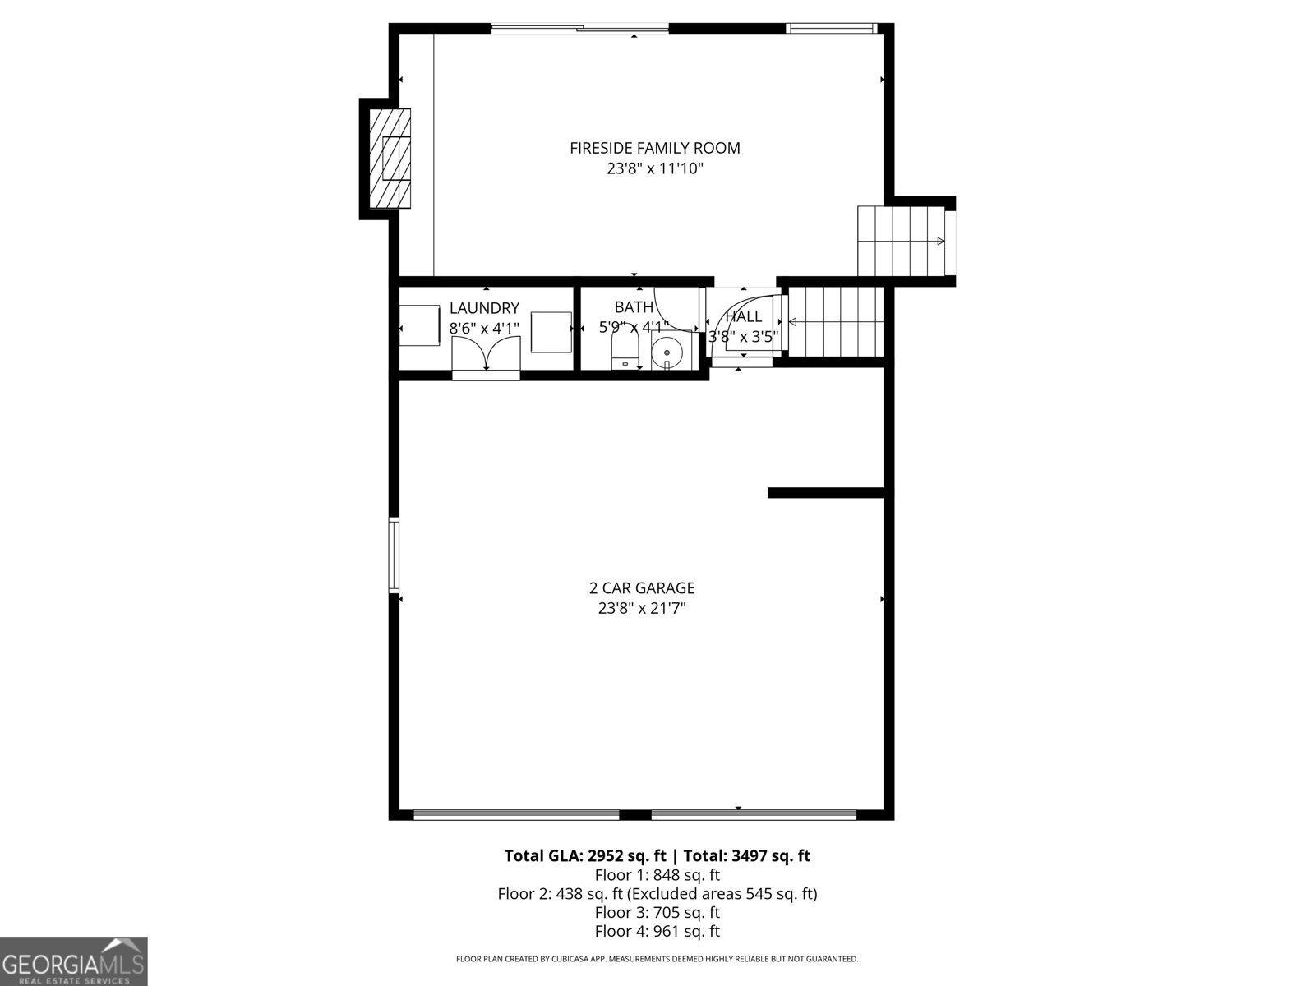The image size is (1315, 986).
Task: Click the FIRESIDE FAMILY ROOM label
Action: coord(655,148)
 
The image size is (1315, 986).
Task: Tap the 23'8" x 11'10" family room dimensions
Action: coord(655,169)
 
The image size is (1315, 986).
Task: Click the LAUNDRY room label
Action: coord(484,308)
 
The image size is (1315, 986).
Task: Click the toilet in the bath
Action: coord(625,353)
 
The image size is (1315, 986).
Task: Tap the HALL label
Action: coord(743,316)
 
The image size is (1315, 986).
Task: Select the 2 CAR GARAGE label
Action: coord(642,588)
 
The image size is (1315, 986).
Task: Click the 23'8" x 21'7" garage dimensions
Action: coord(642,609)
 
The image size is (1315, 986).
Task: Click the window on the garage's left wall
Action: coord(394,555)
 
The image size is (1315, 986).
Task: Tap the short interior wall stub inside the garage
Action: coord(825,493)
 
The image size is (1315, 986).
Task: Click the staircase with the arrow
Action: coord(901,241)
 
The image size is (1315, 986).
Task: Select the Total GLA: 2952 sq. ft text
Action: coord(584,855)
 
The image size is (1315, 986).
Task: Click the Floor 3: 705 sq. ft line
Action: coord(657,912)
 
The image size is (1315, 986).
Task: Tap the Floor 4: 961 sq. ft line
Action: coord(657,931)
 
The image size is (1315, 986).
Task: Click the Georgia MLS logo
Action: coord(73,961)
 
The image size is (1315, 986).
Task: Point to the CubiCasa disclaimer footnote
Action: coord(657,959)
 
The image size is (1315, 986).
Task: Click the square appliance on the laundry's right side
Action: coord(551,332)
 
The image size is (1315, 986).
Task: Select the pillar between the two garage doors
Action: coord(634,814)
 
